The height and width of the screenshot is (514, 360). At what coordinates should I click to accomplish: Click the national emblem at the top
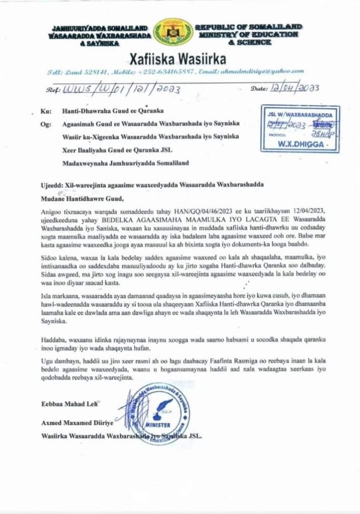click(173, 33)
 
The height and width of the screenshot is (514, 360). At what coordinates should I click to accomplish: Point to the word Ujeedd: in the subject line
click(52, 185)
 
